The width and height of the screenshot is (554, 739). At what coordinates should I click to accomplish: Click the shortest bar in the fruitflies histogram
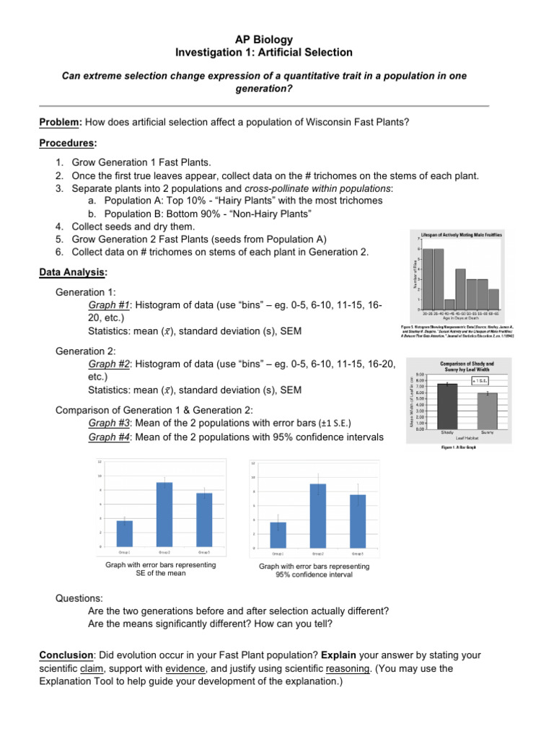(x=449, y=304)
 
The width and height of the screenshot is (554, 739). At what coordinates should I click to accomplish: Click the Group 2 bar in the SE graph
(x=164, y=514)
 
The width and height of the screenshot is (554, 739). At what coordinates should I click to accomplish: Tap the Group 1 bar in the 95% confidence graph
(x=278, y=534)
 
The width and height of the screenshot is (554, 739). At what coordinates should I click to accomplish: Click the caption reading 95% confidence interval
(x=314, y=575)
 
